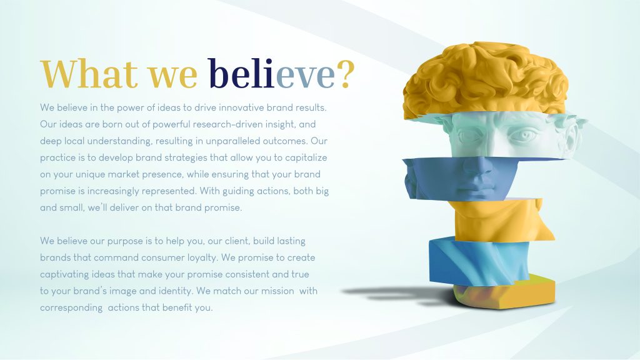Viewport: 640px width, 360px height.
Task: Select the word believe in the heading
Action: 271,74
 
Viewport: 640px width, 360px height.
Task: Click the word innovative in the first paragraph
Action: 241,107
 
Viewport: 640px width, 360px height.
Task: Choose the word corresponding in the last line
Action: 71,308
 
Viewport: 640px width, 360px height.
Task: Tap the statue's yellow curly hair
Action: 485,79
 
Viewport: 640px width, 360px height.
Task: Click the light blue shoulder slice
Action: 477,261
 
